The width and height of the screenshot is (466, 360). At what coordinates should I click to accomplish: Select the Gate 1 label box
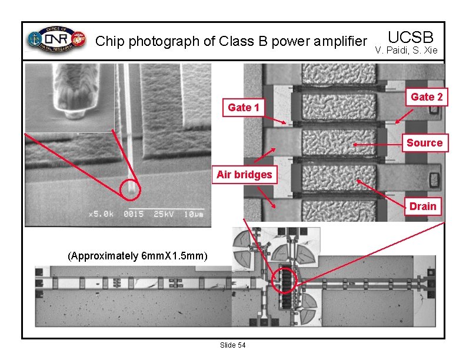point(243,107)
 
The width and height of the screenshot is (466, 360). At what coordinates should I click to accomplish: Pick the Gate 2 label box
point(427,97)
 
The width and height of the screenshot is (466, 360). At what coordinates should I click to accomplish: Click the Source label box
point(424,143)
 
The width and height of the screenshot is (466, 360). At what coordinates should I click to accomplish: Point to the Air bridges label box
point(244,175)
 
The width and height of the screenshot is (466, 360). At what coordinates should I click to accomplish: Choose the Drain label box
point(422,206)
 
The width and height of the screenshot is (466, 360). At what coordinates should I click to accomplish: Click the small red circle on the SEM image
point(131,189)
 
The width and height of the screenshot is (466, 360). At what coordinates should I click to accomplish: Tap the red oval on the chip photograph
point(285,282)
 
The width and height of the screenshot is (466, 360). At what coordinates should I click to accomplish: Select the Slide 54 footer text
point(232,345)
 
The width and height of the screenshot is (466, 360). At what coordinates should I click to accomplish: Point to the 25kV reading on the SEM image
point(164,214)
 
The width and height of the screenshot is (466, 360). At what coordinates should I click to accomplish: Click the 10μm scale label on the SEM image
point(192,214)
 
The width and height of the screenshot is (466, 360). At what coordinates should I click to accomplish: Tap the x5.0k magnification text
point(101,214)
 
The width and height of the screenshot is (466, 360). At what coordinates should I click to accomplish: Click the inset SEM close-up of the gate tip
point(69,98)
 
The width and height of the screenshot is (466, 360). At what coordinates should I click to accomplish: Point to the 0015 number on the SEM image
point(134,214)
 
